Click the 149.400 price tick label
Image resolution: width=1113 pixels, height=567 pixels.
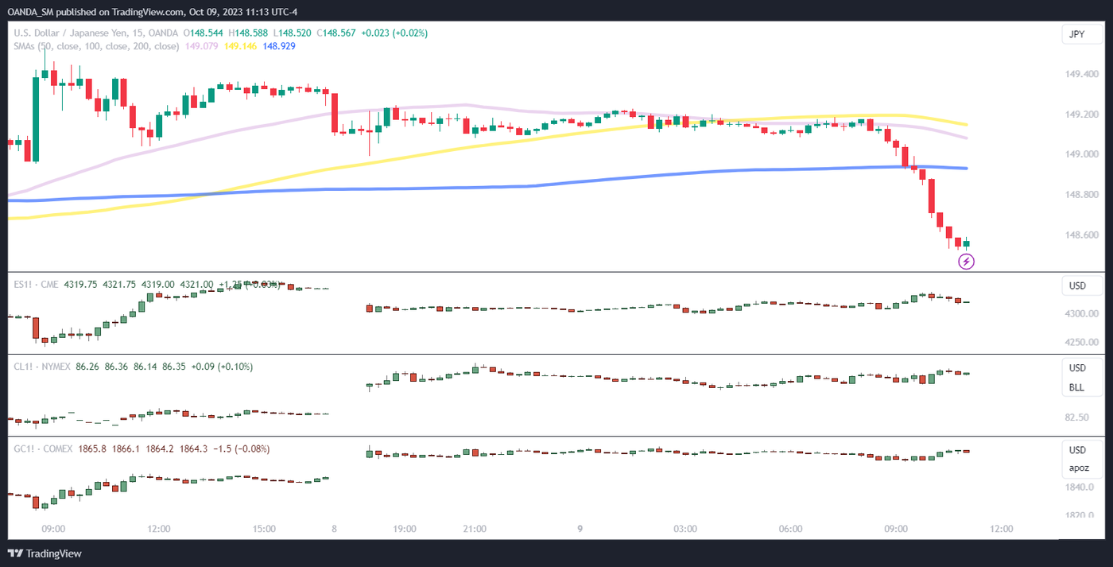1081,74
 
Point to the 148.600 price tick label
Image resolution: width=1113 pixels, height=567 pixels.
1081,235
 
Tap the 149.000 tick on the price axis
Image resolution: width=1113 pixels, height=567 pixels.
1081,154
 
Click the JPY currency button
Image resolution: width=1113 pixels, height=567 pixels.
1076,34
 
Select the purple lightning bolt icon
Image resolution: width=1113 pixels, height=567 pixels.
966,261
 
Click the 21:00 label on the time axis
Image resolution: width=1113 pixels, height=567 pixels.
475,529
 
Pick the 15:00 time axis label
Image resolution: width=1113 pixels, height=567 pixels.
264,529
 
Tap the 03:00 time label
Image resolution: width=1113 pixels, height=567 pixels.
685,529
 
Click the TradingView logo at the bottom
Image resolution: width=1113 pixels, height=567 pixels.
45,553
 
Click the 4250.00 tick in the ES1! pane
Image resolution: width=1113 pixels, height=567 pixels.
1082,343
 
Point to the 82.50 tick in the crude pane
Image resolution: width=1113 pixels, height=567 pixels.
1076,417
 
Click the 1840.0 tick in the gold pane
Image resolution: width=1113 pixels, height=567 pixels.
1079,487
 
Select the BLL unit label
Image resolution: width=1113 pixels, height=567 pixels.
1076,387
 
